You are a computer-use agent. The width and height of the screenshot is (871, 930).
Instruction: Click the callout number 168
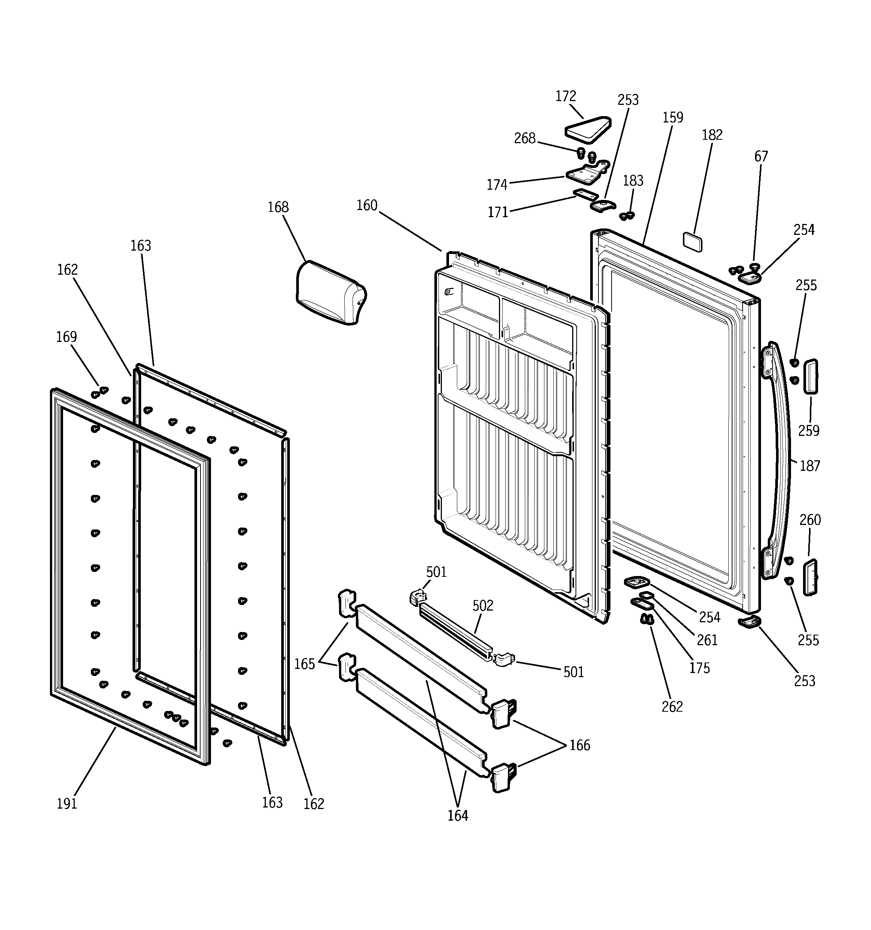click(278, 207)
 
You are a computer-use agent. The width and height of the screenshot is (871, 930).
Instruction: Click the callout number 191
click(67, 804)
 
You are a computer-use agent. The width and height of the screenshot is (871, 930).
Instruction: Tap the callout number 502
click(482, 606)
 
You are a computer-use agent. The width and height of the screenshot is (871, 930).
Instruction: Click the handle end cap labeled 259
click(810, 377)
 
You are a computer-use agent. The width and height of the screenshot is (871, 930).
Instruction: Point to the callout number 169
click(66, 337)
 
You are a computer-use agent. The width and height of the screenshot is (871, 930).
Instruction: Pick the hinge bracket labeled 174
click(586, 174)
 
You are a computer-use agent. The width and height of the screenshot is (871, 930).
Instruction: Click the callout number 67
click(761, 156)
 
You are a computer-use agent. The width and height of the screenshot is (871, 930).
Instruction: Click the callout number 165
click(304, 664)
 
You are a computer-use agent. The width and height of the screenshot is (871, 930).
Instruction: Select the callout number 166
click(579, 745)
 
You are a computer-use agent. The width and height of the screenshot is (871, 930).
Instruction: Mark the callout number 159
click(673, 117)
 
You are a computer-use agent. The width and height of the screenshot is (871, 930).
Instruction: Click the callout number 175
click(699, 668)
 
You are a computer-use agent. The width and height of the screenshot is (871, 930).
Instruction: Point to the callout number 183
click(633, 181)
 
